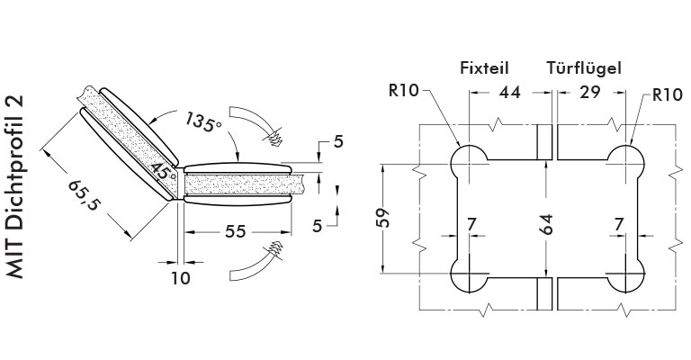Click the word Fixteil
484,68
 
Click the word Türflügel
584,68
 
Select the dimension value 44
509,92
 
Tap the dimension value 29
589,92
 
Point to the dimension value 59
383,217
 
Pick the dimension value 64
546,224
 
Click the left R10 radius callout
403,91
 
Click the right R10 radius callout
668,94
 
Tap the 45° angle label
164,171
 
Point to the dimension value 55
235,231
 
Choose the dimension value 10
180,278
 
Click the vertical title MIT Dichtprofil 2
15,187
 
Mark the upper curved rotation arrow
256,124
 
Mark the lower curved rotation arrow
256,262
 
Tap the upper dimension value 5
338,142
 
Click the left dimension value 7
471,225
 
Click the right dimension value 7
619,225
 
